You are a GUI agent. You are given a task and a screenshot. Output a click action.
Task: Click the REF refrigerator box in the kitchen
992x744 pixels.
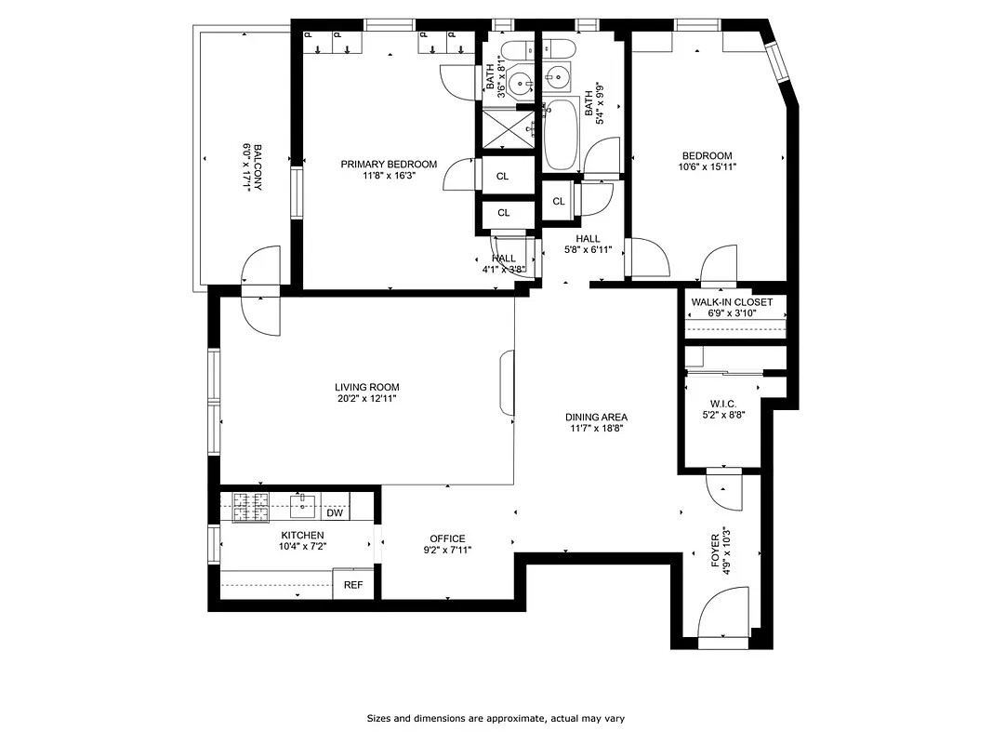(353, 585)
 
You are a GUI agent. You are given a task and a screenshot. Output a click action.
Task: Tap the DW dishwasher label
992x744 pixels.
(335, 512)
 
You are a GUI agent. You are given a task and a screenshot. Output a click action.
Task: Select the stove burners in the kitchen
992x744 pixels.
(250, 507)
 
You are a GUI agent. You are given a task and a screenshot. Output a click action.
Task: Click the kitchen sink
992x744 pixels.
(302, 506)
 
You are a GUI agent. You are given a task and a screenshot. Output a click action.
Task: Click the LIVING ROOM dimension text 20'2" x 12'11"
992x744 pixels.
(367, 398)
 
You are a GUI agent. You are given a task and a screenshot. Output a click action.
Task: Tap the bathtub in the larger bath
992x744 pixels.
(561, 135)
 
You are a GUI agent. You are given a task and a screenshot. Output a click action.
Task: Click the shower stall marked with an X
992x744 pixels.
(506, 127)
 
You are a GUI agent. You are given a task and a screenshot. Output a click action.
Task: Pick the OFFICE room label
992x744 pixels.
(447, 538)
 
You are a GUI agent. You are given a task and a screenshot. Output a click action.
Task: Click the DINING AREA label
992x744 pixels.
(596, 418)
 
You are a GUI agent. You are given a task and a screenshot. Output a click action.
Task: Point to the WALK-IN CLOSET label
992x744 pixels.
(732, 302)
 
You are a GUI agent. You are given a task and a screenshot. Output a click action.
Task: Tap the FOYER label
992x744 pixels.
(715, 551)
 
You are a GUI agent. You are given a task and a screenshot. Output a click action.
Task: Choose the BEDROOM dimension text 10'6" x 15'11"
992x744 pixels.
(707, 167)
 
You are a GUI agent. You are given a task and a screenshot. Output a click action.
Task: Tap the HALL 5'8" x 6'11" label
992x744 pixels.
(588, 244)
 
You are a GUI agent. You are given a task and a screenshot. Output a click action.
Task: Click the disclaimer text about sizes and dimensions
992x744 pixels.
(495, 718)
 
